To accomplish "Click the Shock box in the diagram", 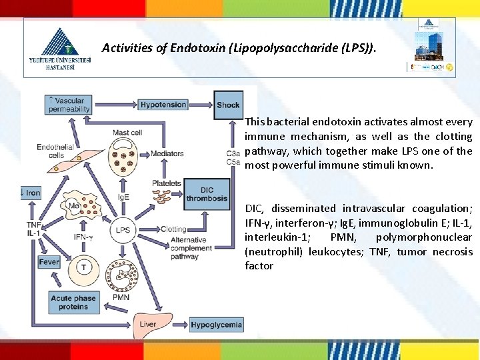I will pos(228,105).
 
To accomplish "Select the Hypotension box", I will pos(163,105).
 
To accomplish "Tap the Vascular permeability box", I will pos(69,105).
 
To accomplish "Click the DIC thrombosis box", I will pos(207,193).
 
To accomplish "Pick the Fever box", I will pos(49,263).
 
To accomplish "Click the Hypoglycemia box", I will pos(216,325).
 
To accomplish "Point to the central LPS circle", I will pos(122,230).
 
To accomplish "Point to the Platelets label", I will pos(166,183).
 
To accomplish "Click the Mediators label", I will pos(167,153).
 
